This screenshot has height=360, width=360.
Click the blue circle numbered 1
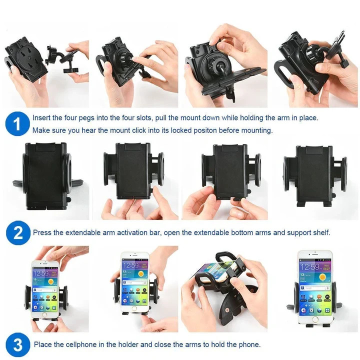click(x=18, y=124)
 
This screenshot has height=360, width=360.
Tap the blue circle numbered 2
click(x=18, y=233)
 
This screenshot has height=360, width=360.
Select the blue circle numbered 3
click(x=18, y=345)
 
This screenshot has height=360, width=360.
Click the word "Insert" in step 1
click(x=41, y=118)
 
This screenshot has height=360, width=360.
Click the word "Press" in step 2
click(x=42, y=233)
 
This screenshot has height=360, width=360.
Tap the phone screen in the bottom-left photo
click(x=45, y=288)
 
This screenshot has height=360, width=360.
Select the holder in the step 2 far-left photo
click(x=45, y=175)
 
